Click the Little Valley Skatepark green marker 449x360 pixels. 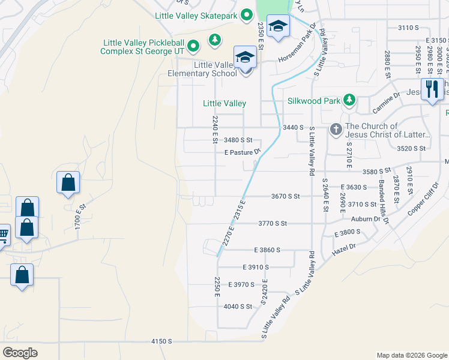[246, 16]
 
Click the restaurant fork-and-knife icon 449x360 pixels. [432, 89]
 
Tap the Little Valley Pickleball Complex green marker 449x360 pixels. [193, 46]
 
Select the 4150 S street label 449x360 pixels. [162, 341]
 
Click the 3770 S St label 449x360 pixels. [273, 223]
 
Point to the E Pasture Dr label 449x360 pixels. [242, 152]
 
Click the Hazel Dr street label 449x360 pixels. [344, 247]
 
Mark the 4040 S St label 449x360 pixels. [238, 306]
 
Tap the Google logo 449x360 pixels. [20, 353]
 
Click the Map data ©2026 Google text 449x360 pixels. [411, 355]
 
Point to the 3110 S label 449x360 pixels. [408, 28]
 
